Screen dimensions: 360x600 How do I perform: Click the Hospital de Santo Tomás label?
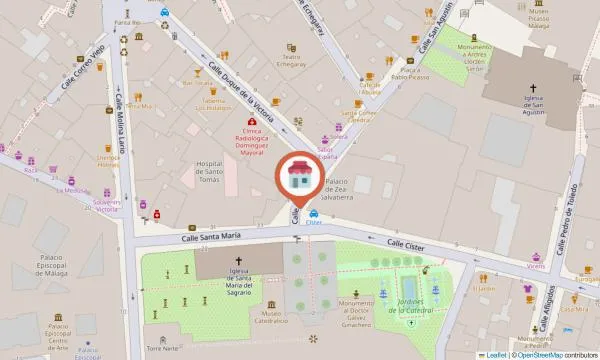208,170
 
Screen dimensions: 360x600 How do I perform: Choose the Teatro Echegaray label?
293,50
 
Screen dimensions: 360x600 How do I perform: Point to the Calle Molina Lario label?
114,127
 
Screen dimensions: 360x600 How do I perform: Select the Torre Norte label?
159,348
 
